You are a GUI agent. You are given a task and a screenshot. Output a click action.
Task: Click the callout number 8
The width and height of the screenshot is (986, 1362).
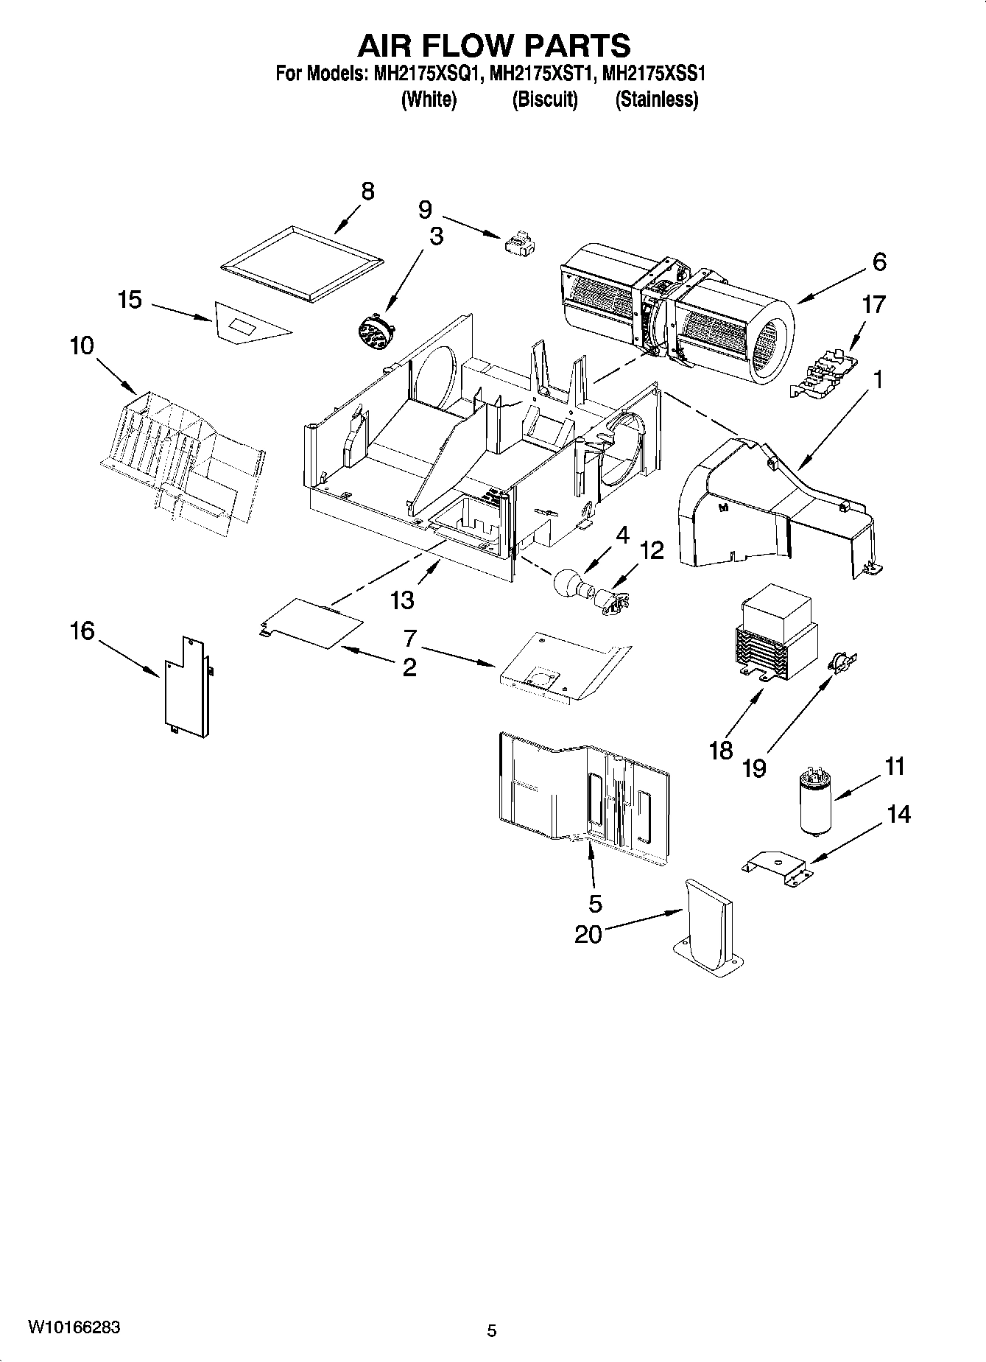367,191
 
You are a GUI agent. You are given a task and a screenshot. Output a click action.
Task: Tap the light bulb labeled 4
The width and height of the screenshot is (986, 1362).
569,585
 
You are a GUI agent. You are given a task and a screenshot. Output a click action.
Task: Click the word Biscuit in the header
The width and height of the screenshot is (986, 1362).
545,99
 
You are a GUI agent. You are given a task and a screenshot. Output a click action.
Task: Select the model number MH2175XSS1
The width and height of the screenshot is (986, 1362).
654,74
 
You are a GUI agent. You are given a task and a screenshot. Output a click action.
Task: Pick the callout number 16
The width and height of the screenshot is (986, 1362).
82,631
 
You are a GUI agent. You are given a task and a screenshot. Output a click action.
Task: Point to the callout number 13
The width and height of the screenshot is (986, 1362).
402,600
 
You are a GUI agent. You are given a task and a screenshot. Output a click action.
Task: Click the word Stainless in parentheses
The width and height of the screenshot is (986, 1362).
656,99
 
